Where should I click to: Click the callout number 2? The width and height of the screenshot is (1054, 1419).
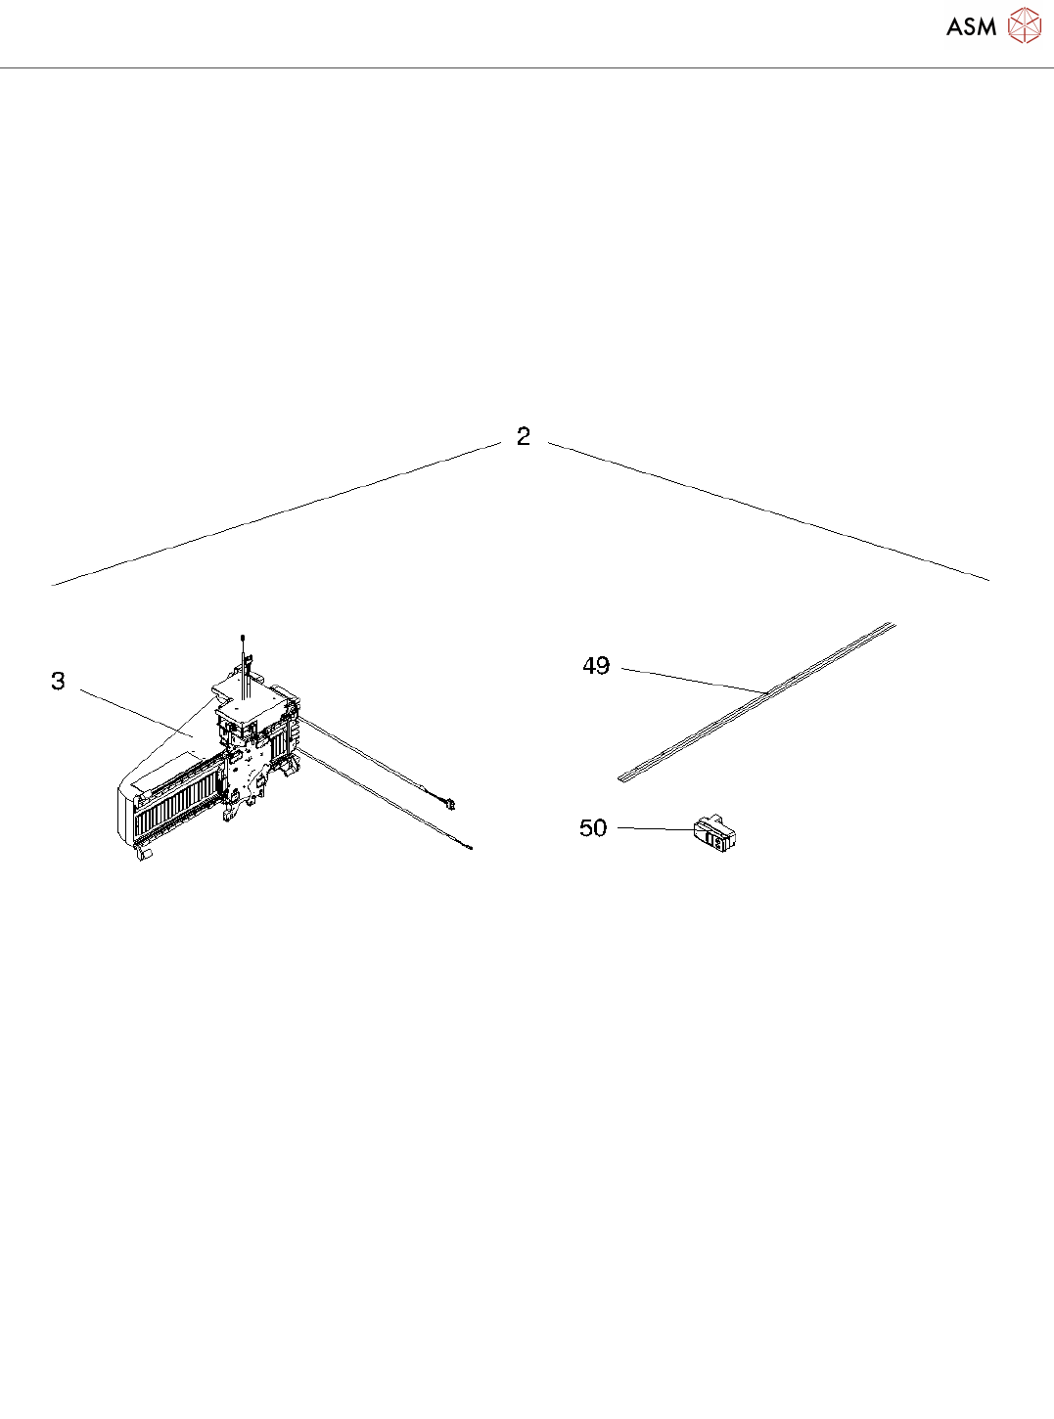(x=524, y=436)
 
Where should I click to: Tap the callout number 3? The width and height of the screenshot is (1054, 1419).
(x=59, y=681)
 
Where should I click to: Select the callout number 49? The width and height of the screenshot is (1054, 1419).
(x=596, y=666)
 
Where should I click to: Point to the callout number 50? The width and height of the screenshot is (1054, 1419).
(x=592, y=828)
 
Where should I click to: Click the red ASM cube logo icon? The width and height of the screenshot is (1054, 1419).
(x=1024, y=26)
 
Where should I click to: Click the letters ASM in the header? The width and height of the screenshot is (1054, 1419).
(x=972, y=26)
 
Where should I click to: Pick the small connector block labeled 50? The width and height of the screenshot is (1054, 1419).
(x=715, y=833)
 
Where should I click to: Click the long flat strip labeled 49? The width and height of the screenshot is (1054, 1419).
(x=756, y=702)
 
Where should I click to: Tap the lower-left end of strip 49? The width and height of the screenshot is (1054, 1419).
(x=619, y=779)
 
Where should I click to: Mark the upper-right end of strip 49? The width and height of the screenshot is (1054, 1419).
(x=894, y=624)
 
